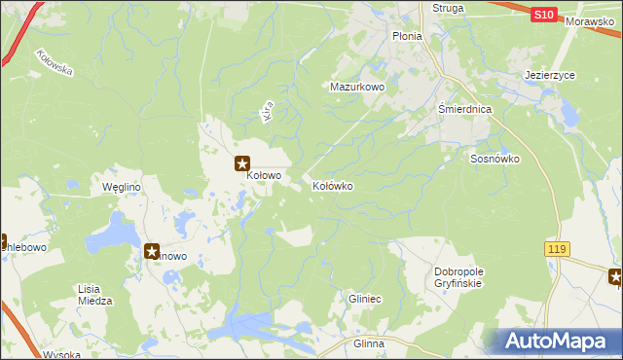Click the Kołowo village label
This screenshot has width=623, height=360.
tap(264, 176)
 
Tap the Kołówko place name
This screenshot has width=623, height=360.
tap(332, 185)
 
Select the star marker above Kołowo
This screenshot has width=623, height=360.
tap(241, 164)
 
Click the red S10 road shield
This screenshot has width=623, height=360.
tap(544, 15)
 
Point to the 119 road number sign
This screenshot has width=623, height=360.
tap(556, 250)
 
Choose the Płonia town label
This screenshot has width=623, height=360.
tap(407, 36)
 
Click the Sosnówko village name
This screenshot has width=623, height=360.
tap(495, 159)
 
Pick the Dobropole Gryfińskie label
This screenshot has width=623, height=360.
tap(458, 277)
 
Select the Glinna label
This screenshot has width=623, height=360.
tap(369, 344)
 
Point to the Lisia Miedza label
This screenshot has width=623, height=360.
tap(94, 295)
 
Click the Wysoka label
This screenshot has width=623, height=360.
tap(60, 354)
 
